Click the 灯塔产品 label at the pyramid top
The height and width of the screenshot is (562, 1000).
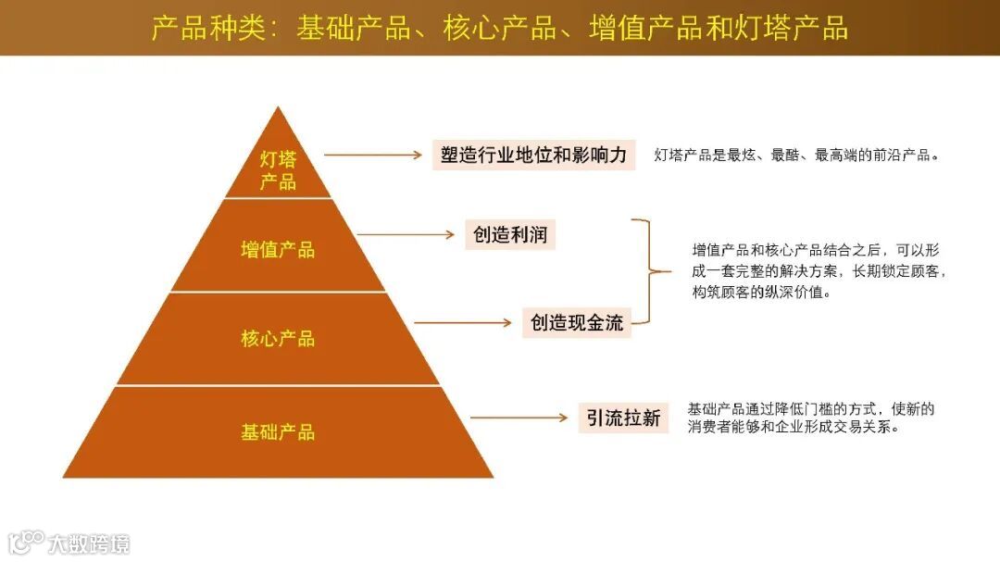coord(278,169)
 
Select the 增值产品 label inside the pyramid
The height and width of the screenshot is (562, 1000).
coord(278,249)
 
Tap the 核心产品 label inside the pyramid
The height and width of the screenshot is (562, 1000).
coord(278,339)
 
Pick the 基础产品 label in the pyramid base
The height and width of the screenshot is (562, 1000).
coord(278,432)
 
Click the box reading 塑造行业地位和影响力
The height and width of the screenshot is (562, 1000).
coord(534,155)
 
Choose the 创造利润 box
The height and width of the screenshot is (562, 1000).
coord(510,234)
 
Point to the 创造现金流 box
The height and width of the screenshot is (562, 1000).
coord(577,322)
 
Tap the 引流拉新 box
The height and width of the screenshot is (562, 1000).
coord(623,418)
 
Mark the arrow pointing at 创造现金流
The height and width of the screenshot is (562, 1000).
coord(463,323)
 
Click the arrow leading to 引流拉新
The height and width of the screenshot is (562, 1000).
coord(519,418)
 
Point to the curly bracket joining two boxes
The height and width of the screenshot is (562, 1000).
coord(648,272)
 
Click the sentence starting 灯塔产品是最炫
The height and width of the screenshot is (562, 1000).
coord(796,156)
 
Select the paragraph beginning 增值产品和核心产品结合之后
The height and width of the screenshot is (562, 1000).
coord(819,271)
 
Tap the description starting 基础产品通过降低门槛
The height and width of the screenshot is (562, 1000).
coord(811,418)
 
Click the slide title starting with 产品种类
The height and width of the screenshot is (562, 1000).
coord(500,28)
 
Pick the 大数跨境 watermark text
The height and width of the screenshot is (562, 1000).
coord(90,543)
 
